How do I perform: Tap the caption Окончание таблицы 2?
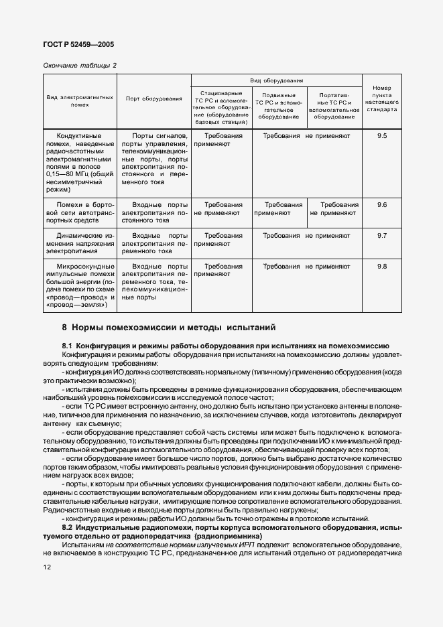(x=79, y=65)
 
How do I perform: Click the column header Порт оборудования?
(x=154, y=99)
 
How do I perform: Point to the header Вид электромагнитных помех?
(x=79, y=101)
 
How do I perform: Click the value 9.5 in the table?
(x=382, y=136)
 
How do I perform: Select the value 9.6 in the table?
(x=382, y=204)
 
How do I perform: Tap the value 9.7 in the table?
(x=382, y=236)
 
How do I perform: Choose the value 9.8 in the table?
(x=382, y=267)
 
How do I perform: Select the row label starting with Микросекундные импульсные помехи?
(x=80, y=285)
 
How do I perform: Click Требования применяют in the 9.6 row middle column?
(x=278, y=208)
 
